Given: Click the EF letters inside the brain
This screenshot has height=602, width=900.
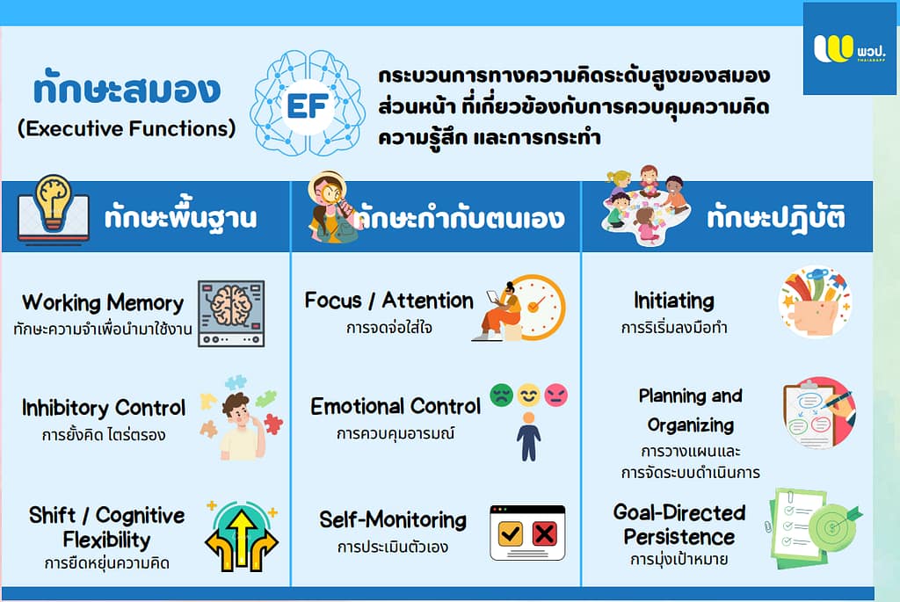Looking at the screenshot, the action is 307,105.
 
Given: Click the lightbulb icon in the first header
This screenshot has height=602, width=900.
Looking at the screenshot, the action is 53,203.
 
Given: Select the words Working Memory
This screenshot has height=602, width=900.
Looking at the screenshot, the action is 103,302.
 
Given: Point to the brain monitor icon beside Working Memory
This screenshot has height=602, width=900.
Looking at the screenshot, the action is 231,314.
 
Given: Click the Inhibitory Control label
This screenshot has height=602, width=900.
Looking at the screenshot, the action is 104,408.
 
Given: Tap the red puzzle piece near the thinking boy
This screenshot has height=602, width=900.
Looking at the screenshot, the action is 273,424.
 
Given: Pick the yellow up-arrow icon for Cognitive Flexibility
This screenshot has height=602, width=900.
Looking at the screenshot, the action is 242,537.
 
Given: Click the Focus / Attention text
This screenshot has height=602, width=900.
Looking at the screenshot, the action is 388,301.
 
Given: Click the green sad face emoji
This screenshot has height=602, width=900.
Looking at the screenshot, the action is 501,395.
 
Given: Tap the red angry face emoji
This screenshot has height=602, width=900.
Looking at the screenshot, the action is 555,395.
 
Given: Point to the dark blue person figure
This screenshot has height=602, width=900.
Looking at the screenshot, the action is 528,437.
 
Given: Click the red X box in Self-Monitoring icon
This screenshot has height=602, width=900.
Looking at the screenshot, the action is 544,533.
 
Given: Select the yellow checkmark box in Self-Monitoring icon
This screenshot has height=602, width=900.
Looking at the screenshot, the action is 511,533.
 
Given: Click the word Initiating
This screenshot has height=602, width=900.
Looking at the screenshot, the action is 674,301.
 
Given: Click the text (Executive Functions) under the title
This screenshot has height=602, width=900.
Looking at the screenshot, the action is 127,128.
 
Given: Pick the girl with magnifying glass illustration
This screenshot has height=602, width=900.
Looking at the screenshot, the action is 331,207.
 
